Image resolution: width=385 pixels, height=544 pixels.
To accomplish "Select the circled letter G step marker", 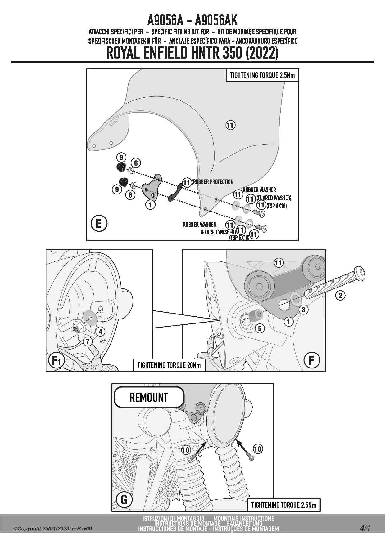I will [x=124, y=499].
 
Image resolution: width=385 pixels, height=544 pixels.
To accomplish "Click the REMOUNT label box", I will [x=149, y=397].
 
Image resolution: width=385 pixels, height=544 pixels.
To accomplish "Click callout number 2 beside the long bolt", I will [x=340, y=295].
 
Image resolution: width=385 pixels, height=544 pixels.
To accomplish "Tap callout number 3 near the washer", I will [x=303, y=309].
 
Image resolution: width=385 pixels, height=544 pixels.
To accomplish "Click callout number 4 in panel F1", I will [x=100, y=332].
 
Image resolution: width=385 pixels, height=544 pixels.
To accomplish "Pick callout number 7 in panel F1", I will [x=88, y=341].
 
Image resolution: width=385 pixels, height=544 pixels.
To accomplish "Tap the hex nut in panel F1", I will [x=76, y=327].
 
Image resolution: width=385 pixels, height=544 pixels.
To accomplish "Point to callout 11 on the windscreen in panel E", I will [x=230, y=125].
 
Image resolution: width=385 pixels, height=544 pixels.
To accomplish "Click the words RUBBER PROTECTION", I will [x=213, y=182].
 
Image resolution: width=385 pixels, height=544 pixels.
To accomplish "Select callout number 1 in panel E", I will [x=150, y=205].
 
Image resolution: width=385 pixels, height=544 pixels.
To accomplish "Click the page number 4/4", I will [x=365, y=528].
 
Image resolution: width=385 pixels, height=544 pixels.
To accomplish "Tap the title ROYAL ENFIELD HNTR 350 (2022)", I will [x=192, y=53].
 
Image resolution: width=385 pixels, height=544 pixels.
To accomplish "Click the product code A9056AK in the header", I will [x=216, y=21].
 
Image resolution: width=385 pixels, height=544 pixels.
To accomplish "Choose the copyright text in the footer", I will [x=53, y=529].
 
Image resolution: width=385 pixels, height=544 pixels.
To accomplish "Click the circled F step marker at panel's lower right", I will [x=311, y=360].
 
